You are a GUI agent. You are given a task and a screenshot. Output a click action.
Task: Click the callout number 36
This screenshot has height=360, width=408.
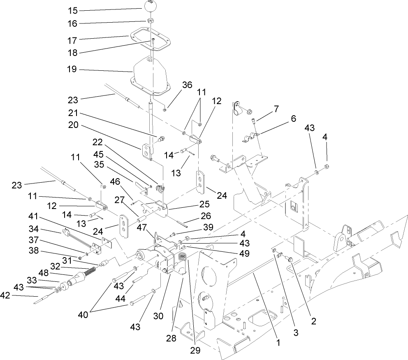pyautogui.click(x=187, y=85)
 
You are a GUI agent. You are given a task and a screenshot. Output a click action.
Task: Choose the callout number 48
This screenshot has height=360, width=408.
pyautogui.click(x=43, y=273)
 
